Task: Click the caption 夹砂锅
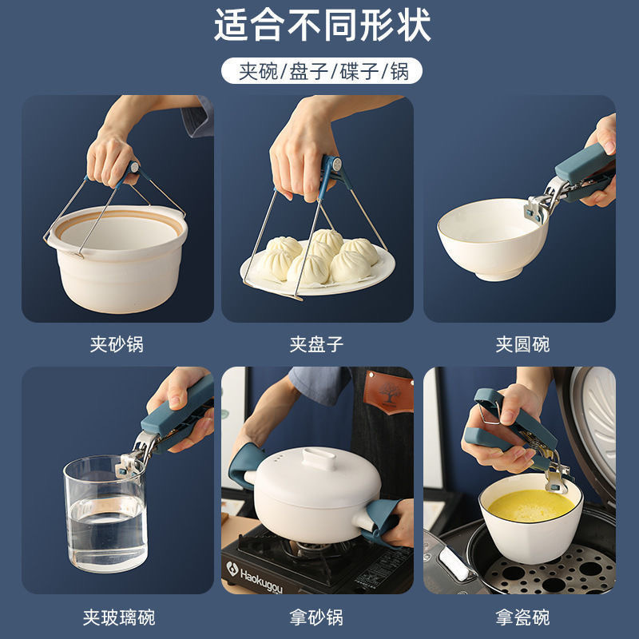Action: coord(117,345)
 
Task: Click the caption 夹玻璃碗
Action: coord(118,617)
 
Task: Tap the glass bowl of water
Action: coord(105,515)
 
